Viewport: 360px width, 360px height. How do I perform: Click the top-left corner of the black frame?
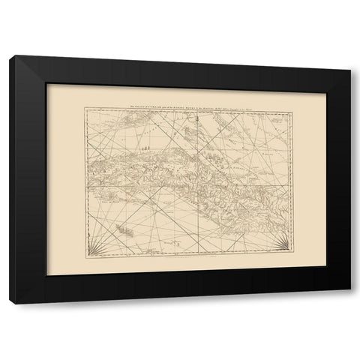click(10, 57)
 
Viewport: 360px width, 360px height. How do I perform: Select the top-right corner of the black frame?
click(349, 57)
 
